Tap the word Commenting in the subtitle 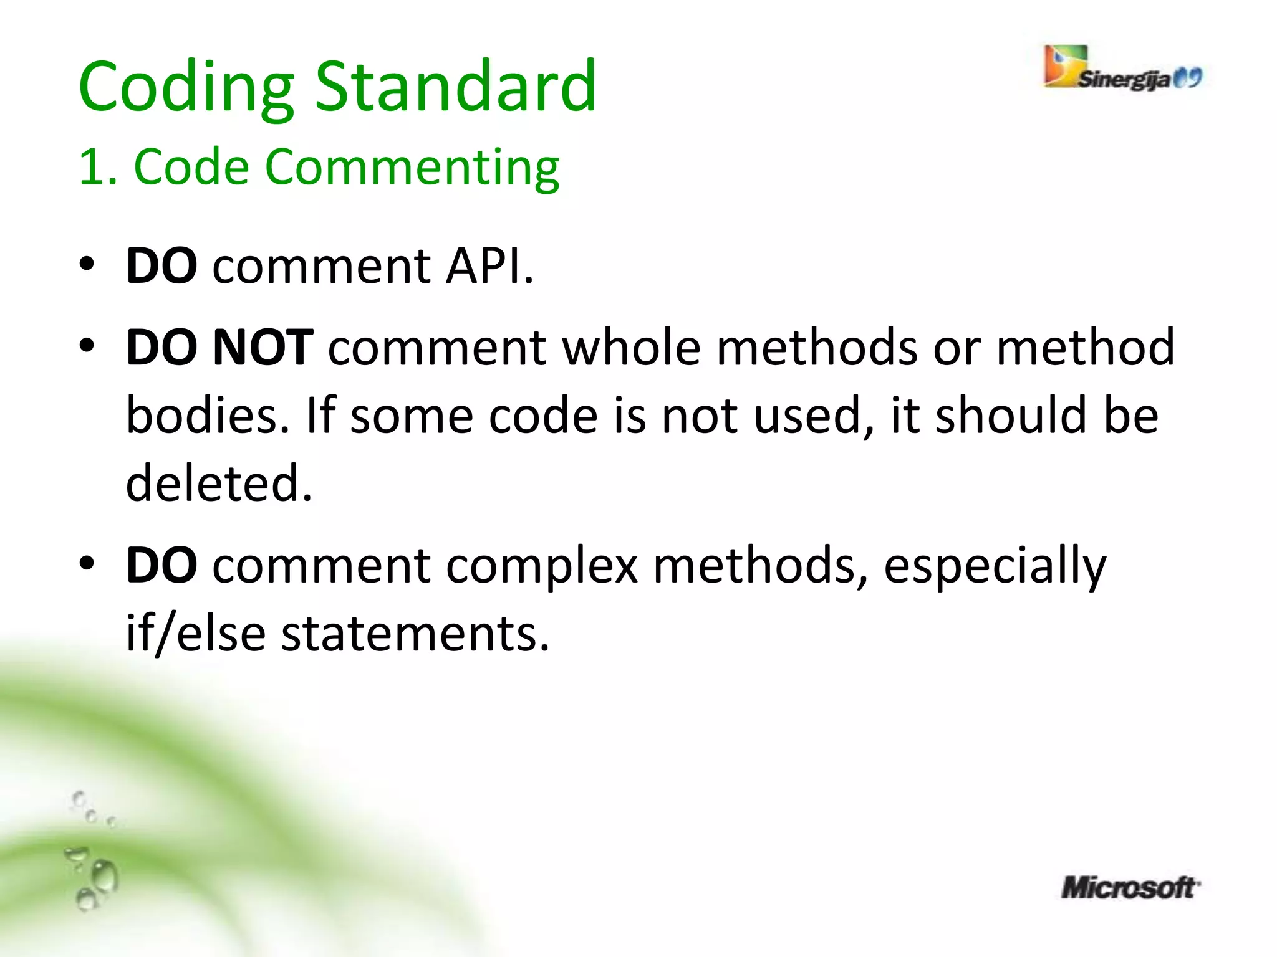(409, 168)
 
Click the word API (489, 266)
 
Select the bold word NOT (263, 347)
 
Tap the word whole (632, 347)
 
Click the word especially (995, 566)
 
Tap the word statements (415, 634)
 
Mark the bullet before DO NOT (87, 345)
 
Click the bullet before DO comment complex (87, 564)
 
